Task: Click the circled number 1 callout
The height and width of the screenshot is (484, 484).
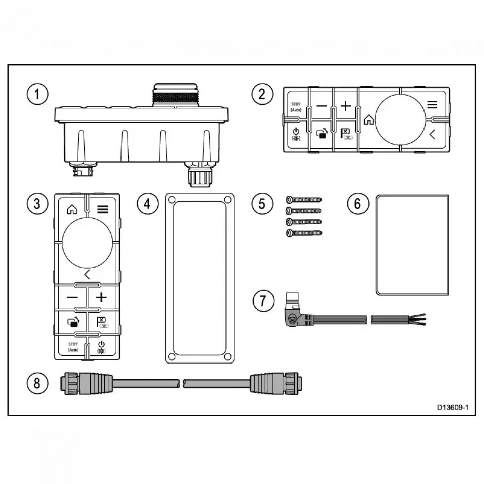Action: (x=38, y=95)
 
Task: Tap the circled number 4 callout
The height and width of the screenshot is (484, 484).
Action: (x=147, y=204)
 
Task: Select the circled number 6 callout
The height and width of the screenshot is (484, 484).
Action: (x=357, y=204)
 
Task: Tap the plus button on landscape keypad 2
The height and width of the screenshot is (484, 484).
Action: (x=345, y=106)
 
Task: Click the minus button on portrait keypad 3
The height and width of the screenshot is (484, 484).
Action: (x=72, y=297)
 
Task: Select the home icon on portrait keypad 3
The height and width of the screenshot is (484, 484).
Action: (x=72, y=208)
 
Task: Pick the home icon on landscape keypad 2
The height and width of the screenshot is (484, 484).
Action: (x=369, y=120)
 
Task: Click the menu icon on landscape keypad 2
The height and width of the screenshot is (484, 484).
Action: (x=432, y=105)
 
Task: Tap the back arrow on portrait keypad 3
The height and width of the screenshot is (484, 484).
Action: (x=87, y=275)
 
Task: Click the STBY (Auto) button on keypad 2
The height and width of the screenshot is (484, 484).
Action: (x=296, y=108)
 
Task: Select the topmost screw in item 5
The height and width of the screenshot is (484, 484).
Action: (x=304, y=200)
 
